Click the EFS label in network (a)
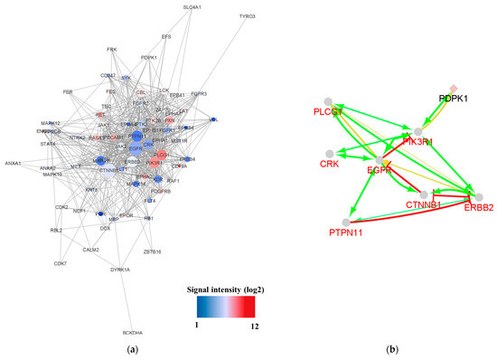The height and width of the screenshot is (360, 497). point(165,37)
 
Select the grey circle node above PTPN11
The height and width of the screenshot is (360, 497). point(346,222)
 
